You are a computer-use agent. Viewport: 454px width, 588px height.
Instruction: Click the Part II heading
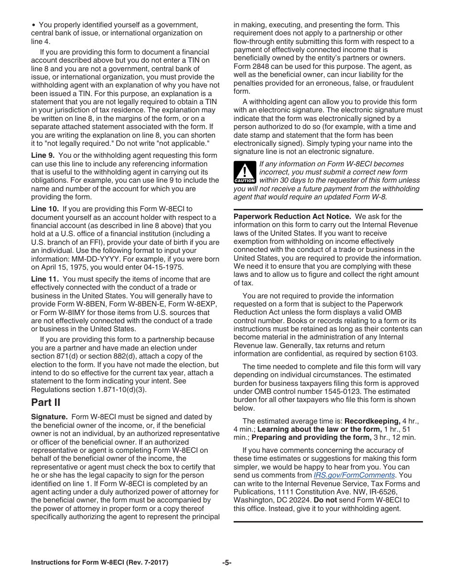click(46, 402)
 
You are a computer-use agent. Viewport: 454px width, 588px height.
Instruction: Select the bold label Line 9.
click(43, 155)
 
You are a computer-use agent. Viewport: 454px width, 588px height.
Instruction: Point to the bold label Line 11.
click(45, 279)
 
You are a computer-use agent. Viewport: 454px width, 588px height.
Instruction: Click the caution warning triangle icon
click(245, 173)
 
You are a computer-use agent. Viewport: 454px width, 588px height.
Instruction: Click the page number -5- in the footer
click(227, 563)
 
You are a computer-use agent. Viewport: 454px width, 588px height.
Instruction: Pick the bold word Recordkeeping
click(372, 421)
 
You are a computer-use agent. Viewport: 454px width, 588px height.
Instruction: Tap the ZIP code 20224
click(293, 500)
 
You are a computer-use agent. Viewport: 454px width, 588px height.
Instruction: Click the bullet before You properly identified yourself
click(33, 25)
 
